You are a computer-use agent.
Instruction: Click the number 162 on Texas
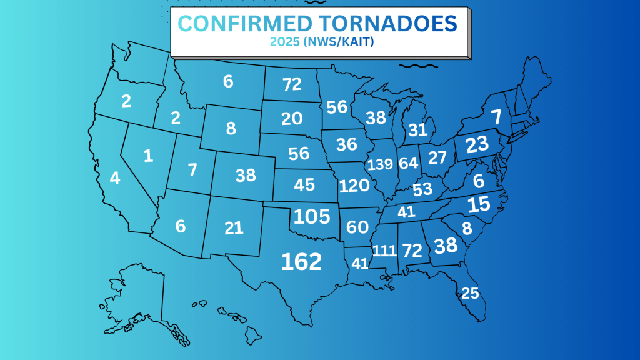(x=301, y=261)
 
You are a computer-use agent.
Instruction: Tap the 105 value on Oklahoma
(x=312, y=216)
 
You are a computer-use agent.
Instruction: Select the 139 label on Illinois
(x=380, y=165)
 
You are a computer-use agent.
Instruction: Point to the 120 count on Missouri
(x=354, y=186)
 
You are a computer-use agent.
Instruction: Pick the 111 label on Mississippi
(x=384, y=251)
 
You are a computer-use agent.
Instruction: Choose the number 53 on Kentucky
(x=422, y=189)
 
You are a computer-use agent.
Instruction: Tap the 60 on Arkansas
(x=357, y=227)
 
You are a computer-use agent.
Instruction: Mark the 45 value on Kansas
(x=304, y=186)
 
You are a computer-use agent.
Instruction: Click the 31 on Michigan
(x=418, y=130)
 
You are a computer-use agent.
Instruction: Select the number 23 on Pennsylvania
(x=477, y=144)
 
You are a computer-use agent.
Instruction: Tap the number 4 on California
(x=114, y=178)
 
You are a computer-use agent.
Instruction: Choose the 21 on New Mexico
(x=234, y=228)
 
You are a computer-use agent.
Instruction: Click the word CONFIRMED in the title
(x=246, y=24)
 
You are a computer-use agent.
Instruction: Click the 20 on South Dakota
(x=292, y=119)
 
